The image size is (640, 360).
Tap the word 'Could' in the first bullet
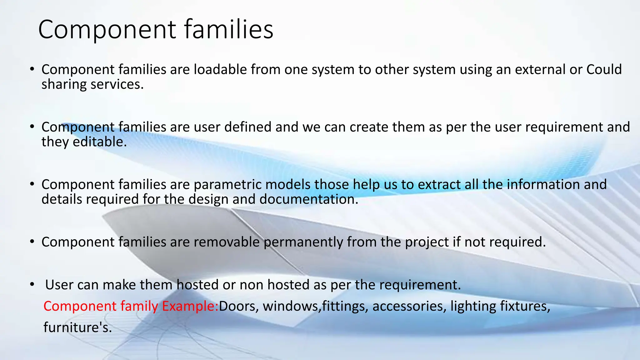click(x=604, y=69)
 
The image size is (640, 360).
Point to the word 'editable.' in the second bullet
click(x=100, y=142)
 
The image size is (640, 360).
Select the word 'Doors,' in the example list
click(x=239, y=306)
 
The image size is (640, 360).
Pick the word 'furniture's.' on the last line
click(x=77, y=327)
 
